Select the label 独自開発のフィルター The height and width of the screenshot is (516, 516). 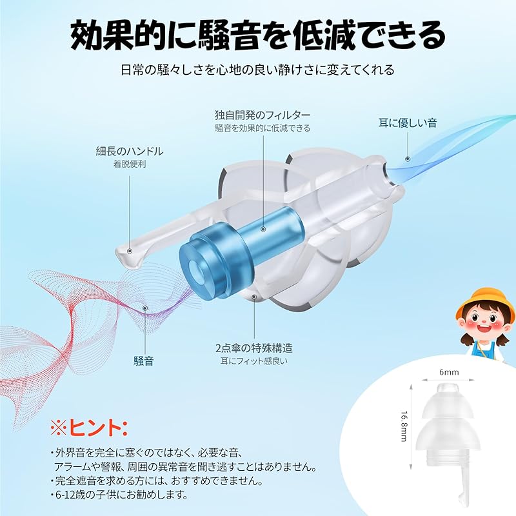263,115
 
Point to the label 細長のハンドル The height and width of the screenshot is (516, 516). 130,152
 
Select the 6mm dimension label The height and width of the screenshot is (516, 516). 448,373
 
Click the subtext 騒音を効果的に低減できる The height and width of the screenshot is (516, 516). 263,128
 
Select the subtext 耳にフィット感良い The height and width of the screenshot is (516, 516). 252,361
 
